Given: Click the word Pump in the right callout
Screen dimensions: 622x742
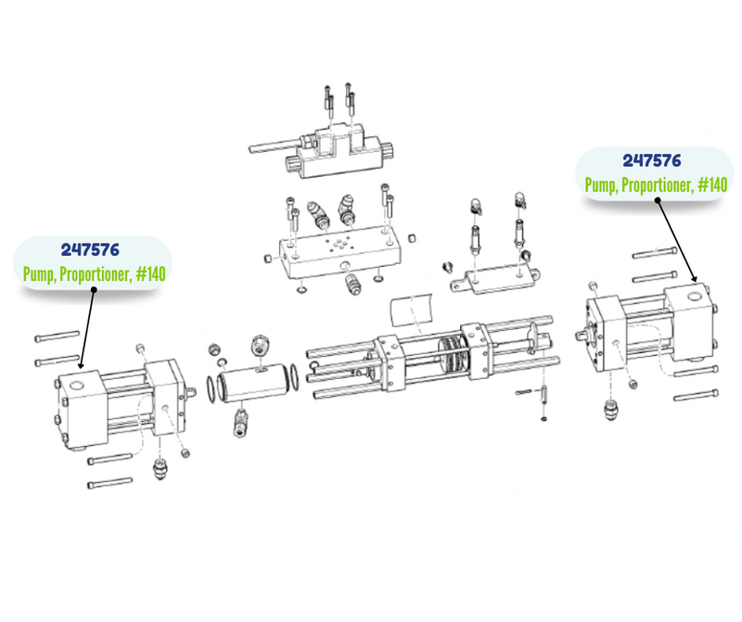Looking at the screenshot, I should coord(602,184).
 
